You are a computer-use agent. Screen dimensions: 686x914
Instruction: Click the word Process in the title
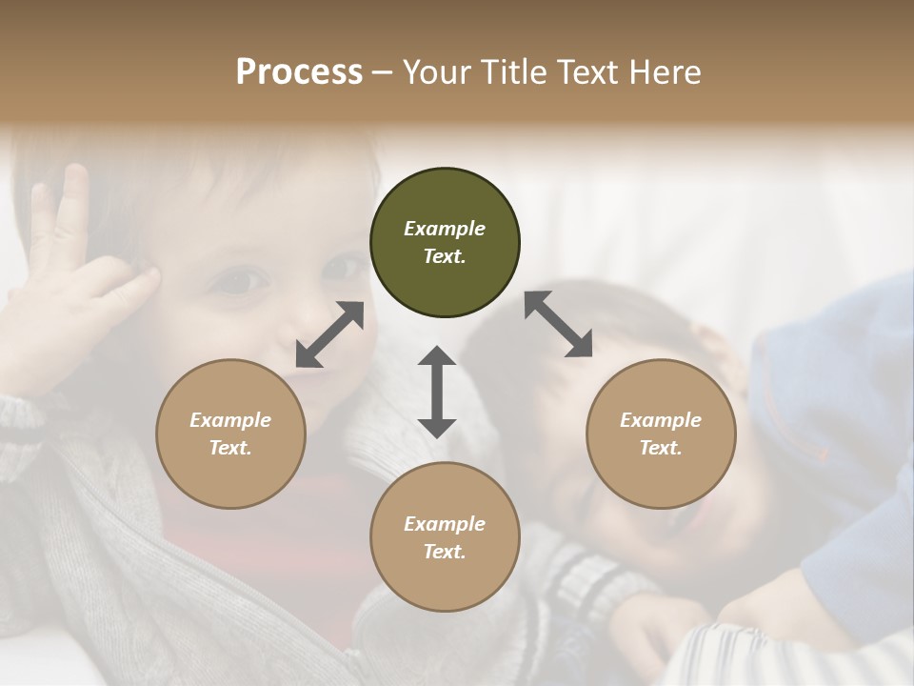(x=299, y=71)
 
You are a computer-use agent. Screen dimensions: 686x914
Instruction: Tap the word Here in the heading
(x=665, y=71)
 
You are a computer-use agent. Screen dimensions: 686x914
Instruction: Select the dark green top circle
(x=445, y=242)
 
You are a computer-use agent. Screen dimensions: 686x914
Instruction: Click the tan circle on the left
(x=230, y=434)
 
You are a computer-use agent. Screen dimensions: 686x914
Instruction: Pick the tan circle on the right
(x=661, y=434)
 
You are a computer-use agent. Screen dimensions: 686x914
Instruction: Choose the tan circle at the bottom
(x=445, y=537)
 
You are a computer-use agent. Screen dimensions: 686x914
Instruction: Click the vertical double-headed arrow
(x=437, y=392)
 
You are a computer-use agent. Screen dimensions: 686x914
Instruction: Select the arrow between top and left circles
(x=329, y=333)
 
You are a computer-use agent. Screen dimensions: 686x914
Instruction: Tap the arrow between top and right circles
(x=558, y=324)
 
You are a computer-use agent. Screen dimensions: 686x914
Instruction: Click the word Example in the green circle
(x=445, y=229)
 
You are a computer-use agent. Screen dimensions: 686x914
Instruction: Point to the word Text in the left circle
(x=230, y=448)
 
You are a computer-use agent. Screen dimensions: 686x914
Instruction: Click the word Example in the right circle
(x=661, y=420)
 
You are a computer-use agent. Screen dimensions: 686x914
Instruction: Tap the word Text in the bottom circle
(x=445, y=552)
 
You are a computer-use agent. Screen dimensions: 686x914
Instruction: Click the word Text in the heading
(x=587, y=71)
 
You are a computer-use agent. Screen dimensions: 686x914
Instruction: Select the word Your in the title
(x=433, y=71)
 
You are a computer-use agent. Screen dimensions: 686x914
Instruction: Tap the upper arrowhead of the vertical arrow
(x=437, y=357)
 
